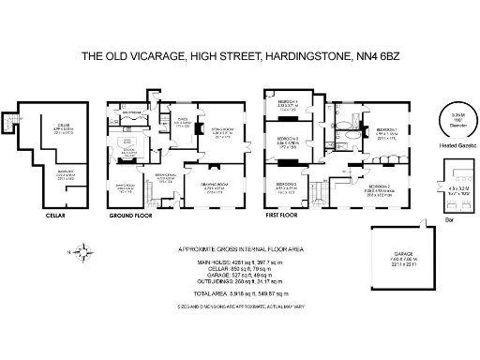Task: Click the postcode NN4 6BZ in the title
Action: pyautogui.click(x=374, y=57)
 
